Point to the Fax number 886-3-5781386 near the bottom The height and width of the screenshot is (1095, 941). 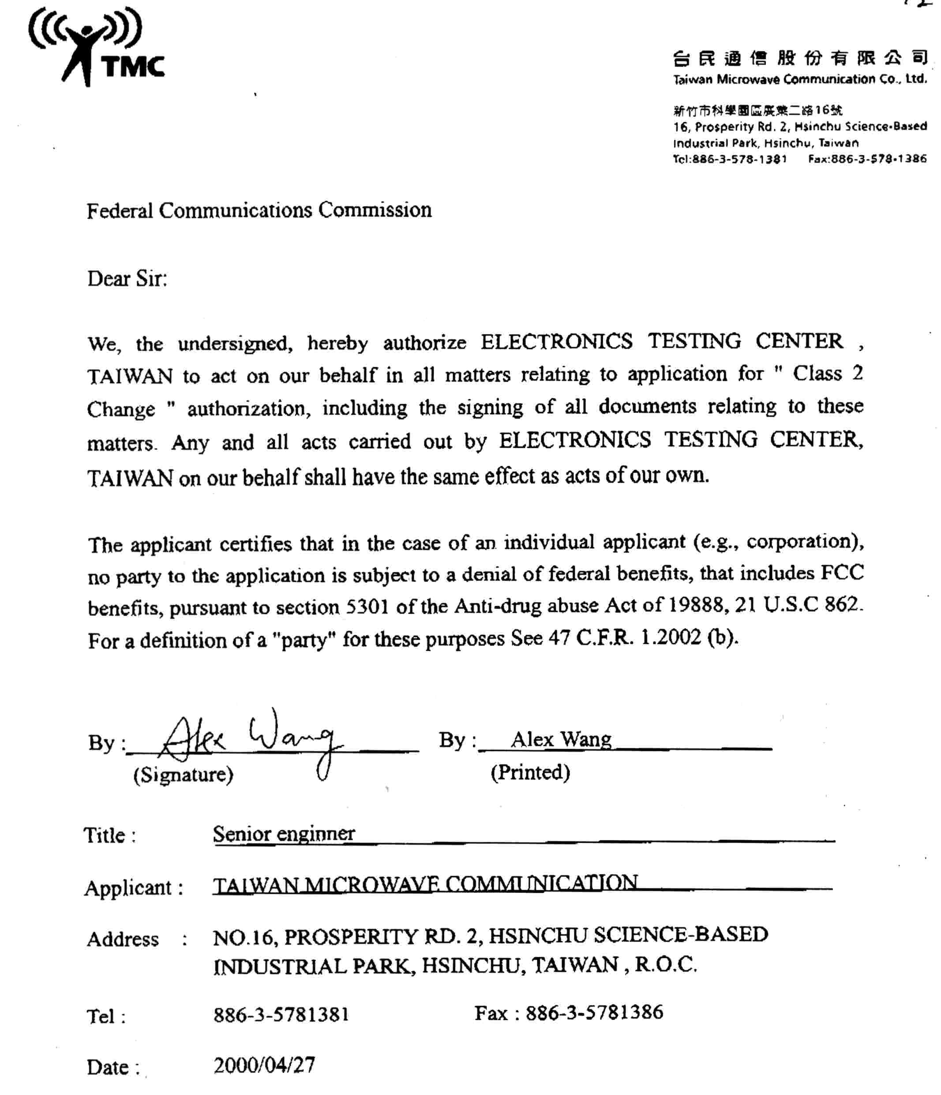[x=594, y=1012]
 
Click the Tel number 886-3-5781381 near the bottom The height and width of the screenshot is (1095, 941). [x=281, y=1015]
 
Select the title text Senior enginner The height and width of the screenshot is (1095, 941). [x=284, y=834]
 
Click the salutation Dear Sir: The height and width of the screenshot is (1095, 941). [x=127, y=278]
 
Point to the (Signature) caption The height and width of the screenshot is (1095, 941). [x=183, y=774]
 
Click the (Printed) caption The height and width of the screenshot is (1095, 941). [x=530, y=772]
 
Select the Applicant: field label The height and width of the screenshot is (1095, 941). [x=134, y=888]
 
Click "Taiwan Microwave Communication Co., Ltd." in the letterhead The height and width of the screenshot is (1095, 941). [x=799, y=79]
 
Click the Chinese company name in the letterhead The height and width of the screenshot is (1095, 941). [x=799, y=58]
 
